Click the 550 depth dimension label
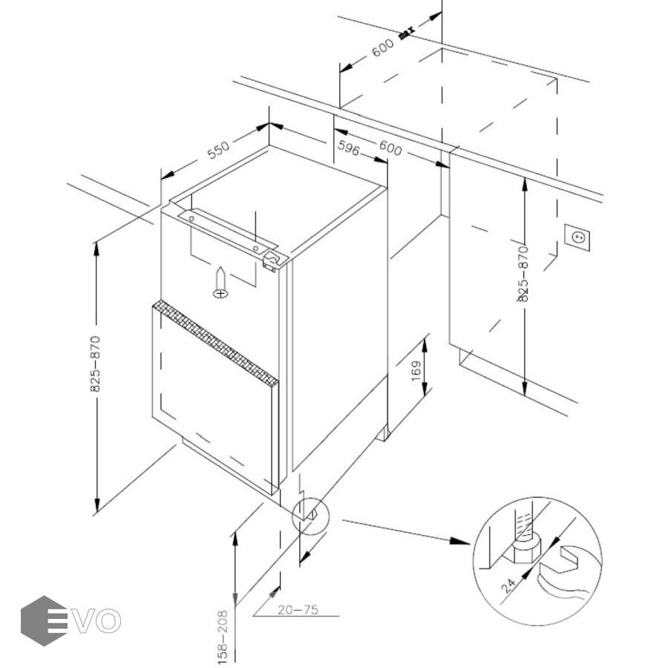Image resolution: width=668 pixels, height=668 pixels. pos(218,151)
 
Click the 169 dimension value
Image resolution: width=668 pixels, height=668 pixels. pos(416,370)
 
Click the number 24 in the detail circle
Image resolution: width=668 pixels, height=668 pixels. pos(509,586)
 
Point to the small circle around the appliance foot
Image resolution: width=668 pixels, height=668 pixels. pos(310,514)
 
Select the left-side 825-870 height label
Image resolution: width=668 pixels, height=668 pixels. pos(96,364)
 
